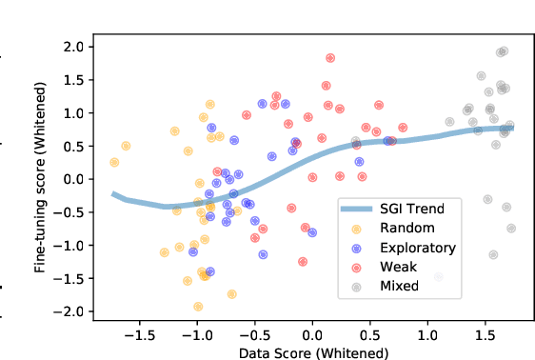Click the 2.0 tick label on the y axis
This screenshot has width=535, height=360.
click(x=73, y=47)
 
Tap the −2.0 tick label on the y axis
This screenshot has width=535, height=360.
click(x=69, y=311)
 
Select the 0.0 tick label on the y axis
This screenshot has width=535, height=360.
click(x=73, y=179)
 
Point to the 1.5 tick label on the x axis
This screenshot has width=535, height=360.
click(x=485, y=336)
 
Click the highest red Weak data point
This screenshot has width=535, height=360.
click(x=330, y=58)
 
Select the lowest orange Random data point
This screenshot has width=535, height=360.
click(x=198, y=307)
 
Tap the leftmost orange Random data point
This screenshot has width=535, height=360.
click(x=114, y=162)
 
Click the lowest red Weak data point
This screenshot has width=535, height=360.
click(x=303, y=261)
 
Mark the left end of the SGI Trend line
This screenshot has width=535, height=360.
click(x=113, y=194)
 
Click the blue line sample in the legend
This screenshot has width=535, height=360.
click(x=357, y=208)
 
